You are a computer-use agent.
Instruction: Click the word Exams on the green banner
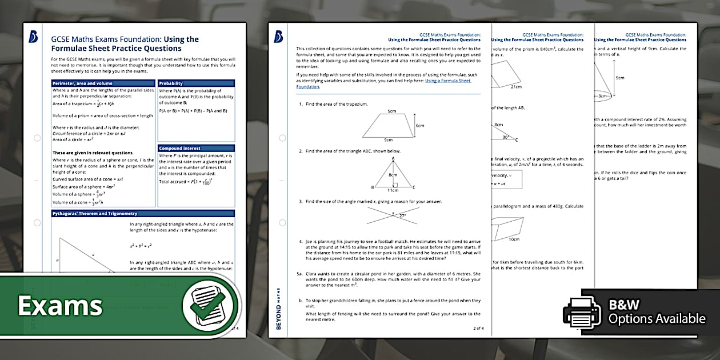coord(60,306)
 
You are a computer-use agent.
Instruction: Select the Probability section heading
coord(171,83)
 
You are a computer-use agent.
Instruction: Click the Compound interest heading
coord(180,149)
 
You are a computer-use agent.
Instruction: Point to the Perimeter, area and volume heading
coord(83,83)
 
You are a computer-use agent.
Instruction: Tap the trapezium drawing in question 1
coord(389,126)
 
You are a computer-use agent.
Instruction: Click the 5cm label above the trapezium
coord(391,111)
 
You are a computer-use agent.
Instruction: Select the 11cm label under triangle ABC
coord(392,190)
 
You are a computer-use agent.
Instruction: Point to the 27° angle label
coord(402,216)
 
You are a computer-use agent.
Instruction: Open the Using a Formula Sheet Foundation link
coord(383,83)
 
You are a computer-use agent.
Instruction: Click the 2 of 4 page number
coord(478,328)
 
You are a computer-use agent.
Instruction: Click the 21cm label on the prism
coord(516,87)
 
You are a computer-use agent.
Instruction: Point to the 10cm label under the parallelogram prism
coord(514,239)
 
